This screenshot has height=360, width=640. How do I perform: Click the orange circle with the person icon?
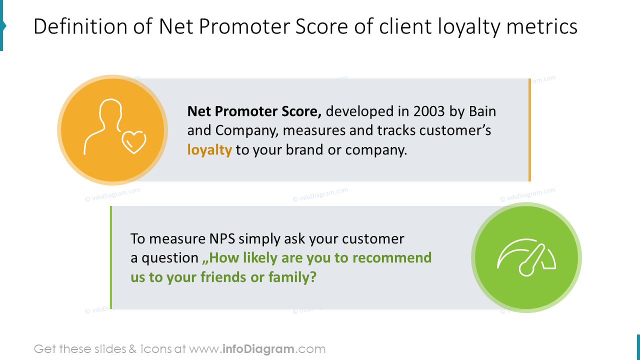[112, 130]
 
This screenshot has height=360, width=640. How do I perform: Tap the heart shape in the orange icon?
[134, 142]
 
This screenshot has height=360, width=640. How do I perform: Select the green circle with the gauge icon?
[526, 257]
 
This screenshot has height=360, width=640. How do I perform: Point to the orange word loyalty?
[209, 149]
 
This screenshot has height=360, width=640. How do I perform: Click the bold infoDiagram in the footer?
[259, 349]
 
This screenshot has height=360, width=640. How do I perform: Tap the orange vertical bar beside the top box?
[529, 130]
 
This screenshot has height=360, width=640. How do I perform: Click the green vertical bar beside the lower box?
[111, 257]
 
